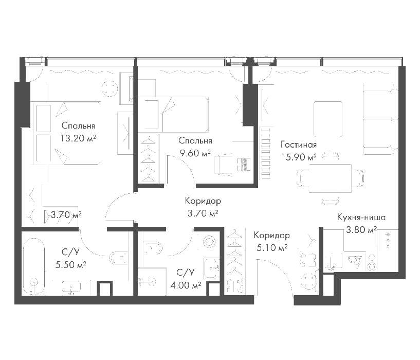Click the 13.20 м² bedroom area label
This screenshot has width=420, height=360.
point(78,138)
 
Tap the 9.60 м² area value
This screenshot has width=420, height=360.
point(195,153)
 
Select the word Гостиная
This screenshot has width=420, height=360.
point(299,145)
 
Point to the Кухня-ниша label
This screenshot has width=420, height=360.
point(361,217)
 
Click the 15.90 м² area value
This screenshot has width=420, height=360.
point(298,157)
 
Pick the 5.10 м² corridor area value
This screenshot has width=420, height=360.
point(272,248)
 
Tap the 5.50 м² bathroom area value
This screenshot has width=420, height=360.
point(71,265)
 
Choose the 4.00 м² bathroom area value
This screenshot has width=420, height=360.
point(186,285)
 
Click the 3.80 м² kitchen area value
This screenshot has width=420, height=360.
point(361,230)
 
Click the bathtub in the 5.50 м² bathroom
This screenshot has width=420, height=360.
point(34,266)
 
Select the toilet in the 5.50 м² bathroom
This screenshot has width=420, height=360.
point(118,258)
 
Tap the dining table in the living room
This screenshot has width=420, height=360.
point(330,178)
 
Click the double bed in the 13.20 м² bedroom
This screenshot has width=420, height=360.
point(66,133)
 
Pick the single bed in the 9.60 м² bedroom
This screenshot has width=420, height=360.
point(173,115)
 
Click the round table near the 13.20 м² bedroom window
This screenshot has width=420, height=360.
point(111,88)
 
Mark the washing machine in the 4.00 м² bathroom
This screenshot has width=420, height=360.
point(212,268)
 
